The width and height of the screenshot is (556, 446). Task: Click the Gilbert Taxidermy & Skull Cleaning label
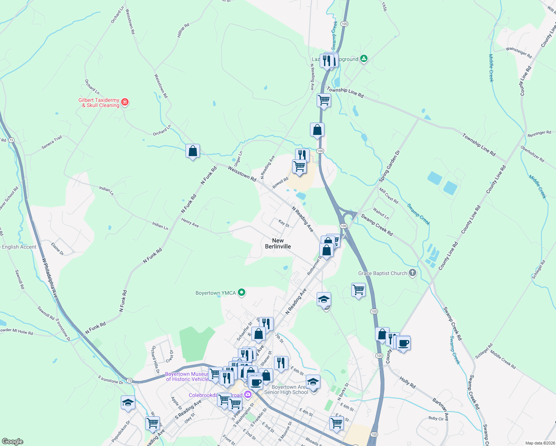point(99,103)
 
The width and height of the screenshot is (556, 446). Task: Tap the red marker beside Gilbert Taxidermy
point(125,102)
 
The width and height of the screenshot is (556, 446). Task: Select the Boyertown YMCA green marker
point(242,293)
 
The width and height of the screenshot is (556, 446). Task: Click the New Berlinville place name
point(278,243)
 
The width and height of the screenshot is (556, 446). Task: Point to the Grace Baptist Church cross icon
point(412,273)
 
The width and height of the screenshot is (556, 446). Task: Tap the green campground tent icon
point(364,59)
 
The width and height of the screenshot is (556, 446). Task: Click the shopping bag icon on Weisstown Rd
point(193,151)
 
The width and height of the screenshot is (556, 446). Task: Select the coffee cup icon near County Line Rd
point(403,343)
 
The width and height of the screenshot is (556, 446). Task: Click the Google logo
point(12,442)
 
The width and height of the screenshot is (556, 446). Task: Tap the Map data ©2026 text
point(539,443)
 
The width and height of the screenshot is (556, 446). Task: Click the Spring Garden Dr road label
point(389,166)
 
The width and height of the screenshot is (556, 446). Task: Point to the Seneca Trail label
point(52,142)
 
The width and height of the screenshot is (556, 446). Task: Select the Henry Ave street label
point(190,223)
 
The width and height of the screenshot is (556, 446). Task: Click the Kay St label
point(284,223)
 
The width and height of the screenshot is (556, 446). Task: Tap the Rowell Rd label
point(280,182)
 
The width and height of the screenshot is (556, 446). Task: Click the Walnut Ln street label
point(381,214)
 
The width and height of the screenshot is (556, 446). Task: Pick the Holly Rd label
point(407,382)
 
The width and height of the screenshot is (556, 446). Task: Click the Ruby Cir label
point(436,418)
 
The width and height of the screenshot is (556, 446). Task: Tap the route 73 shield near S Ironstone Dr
point(129,380)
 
